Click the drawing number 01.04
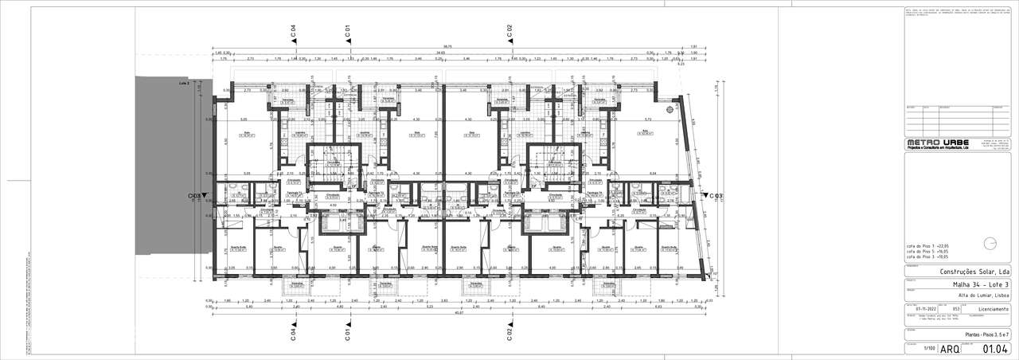click(996, 349)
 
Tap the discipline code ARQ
click(951, 349)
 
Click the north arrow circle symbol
click(990, 244)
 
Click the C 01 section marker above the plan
click(347, 31)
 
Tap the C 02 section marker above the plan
click(509, 31)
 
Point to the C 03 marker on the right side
click(713, 195)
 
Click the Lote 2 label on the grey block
click(184, 82)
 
